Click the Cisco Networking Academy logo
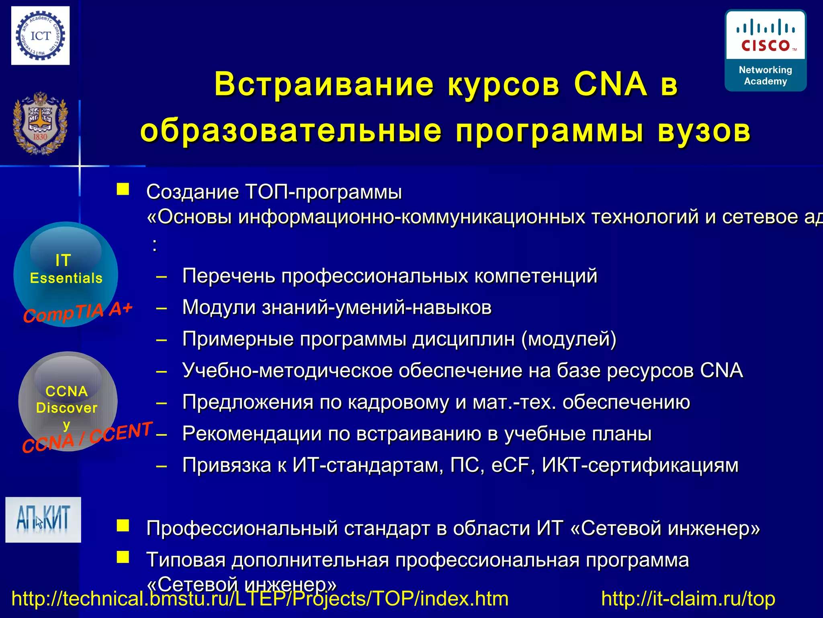point(765,50)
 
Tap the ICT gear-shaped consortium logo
point(40,36)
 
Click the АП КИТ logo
point(43,519)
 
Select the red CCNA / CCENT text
point(87,437)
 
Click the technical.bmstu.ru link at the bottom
point(260,599)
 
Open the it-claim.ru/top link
point(688,599)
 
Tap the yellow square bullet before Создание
point(123,190)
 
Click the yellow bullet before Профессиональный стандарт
point(123,526)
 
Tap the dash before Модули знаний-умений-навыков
point(162,308)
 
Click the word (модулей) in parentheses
point(569,339)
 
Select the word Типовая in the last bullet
point(186,560)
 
